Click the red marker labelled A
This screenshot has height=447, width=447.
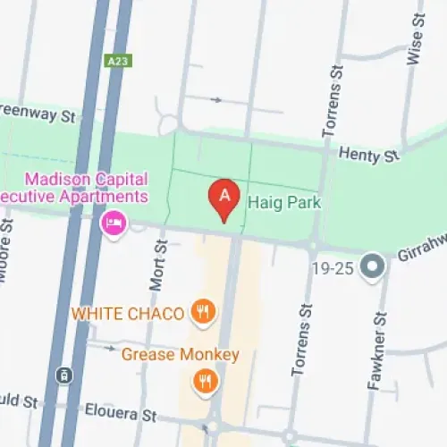tap(223, 199)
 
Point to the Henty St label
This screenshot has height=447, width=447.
tap(368, 156)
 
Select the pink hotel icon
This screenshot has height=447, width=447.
tap(114, 222)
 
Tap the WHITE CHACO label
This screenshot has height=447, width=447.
tap(128, 314)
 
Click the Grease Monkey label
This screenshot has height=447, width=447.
tap(181, 355)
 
